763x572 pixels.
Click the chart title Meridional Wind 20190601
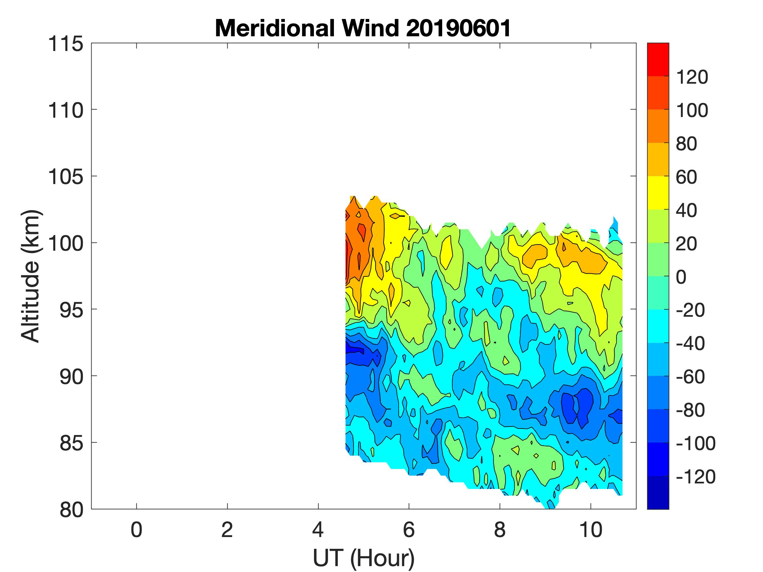363,28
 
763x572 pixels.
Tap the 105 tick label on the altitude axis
65,177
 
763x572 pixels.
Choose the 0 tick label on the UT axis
136,530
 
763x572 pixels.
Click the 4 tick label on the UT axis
318,530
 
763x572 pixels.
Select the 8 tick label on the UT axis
500,530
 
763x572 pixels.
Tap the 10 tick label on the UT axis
591,530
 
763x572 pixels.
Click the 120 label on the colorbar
692,77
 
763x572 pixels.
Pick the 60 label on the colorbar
686,177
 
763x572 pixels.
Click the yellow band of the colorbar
658,193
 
